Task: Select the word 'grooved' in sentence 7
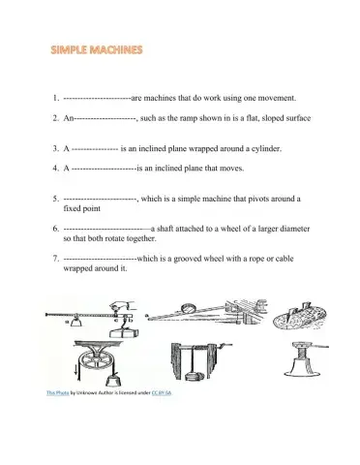point(188,257)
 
